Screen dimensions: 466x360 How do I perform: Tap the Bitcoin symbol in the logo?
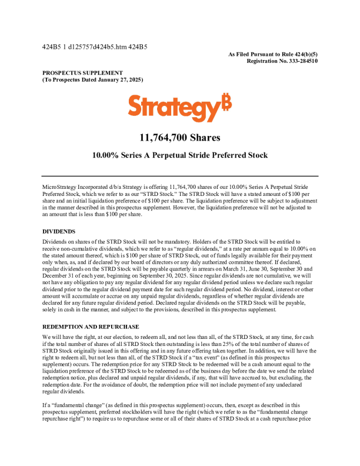pos(226,102)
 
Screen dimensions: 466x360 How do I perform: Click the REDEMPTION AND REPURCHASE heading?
pos(91,326)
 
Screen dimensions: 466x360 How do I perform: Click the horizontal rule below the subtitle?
pos(180,175)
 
